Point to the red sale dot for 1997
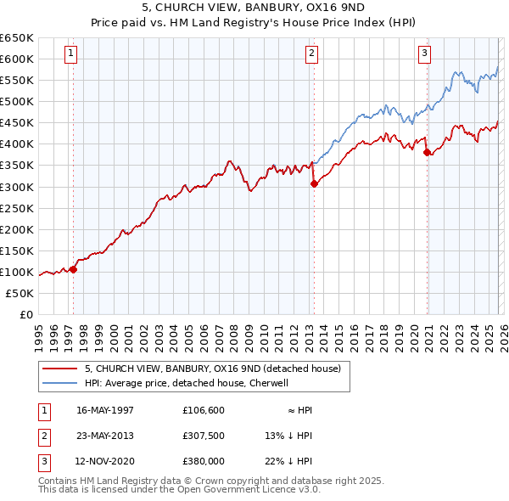point(74,269)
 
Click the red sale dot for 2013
point(314,183)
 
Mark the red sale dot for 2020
point(427,152)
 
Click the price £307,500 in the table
point(204,436)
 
